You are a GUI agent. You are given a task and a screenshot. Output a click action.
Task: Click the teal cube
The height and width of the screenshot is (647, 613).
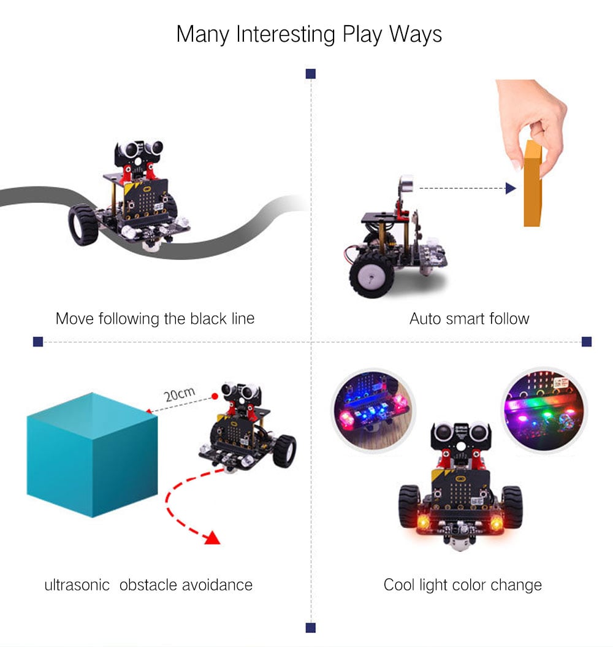coord(92,454)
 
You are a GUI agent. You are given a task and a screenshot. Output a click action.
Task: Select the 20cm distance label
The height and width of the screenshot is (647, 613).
coord(179,394)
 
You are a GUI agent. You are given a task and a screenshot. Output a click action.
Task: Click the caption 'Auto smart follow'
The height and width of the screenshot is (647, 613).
coord(469,319)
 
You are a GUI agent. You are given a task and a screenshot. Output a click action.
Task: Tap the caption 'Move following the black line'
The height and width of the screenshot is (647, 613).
coord(154,319)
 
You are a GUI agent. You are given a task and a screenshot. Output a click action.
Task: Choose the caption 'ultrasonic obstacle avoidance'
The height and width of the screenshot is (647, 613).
coord(148,584)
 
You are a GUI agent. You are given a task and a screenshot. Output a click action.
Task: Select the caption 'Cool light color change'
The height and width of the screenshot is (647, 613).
coord(463,584)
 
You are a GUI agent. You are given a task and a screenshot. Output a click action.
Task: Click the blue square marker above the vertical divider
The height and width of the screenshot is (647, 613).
coord(311,74)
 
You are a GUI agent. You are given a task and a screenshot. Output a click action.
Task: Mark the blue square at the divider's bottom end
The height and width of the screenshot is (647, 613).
coord(311,627)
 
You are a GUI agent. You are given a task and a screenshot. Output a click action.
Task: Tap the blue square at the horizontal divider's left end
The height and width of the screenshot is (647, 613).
coord(38,342)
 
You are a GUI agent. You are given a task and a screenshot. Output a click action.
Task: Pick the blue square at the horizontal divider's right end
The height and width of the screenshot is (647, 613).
coord(586,342)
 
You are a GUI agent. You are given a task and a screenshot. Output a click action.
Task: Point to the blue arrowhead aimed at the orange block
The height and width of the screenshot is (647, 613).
coord(510,188)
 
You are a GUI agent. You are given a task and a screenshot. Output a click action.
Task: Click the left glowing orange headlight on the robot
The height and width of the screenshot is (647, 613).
coord(423,522)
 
